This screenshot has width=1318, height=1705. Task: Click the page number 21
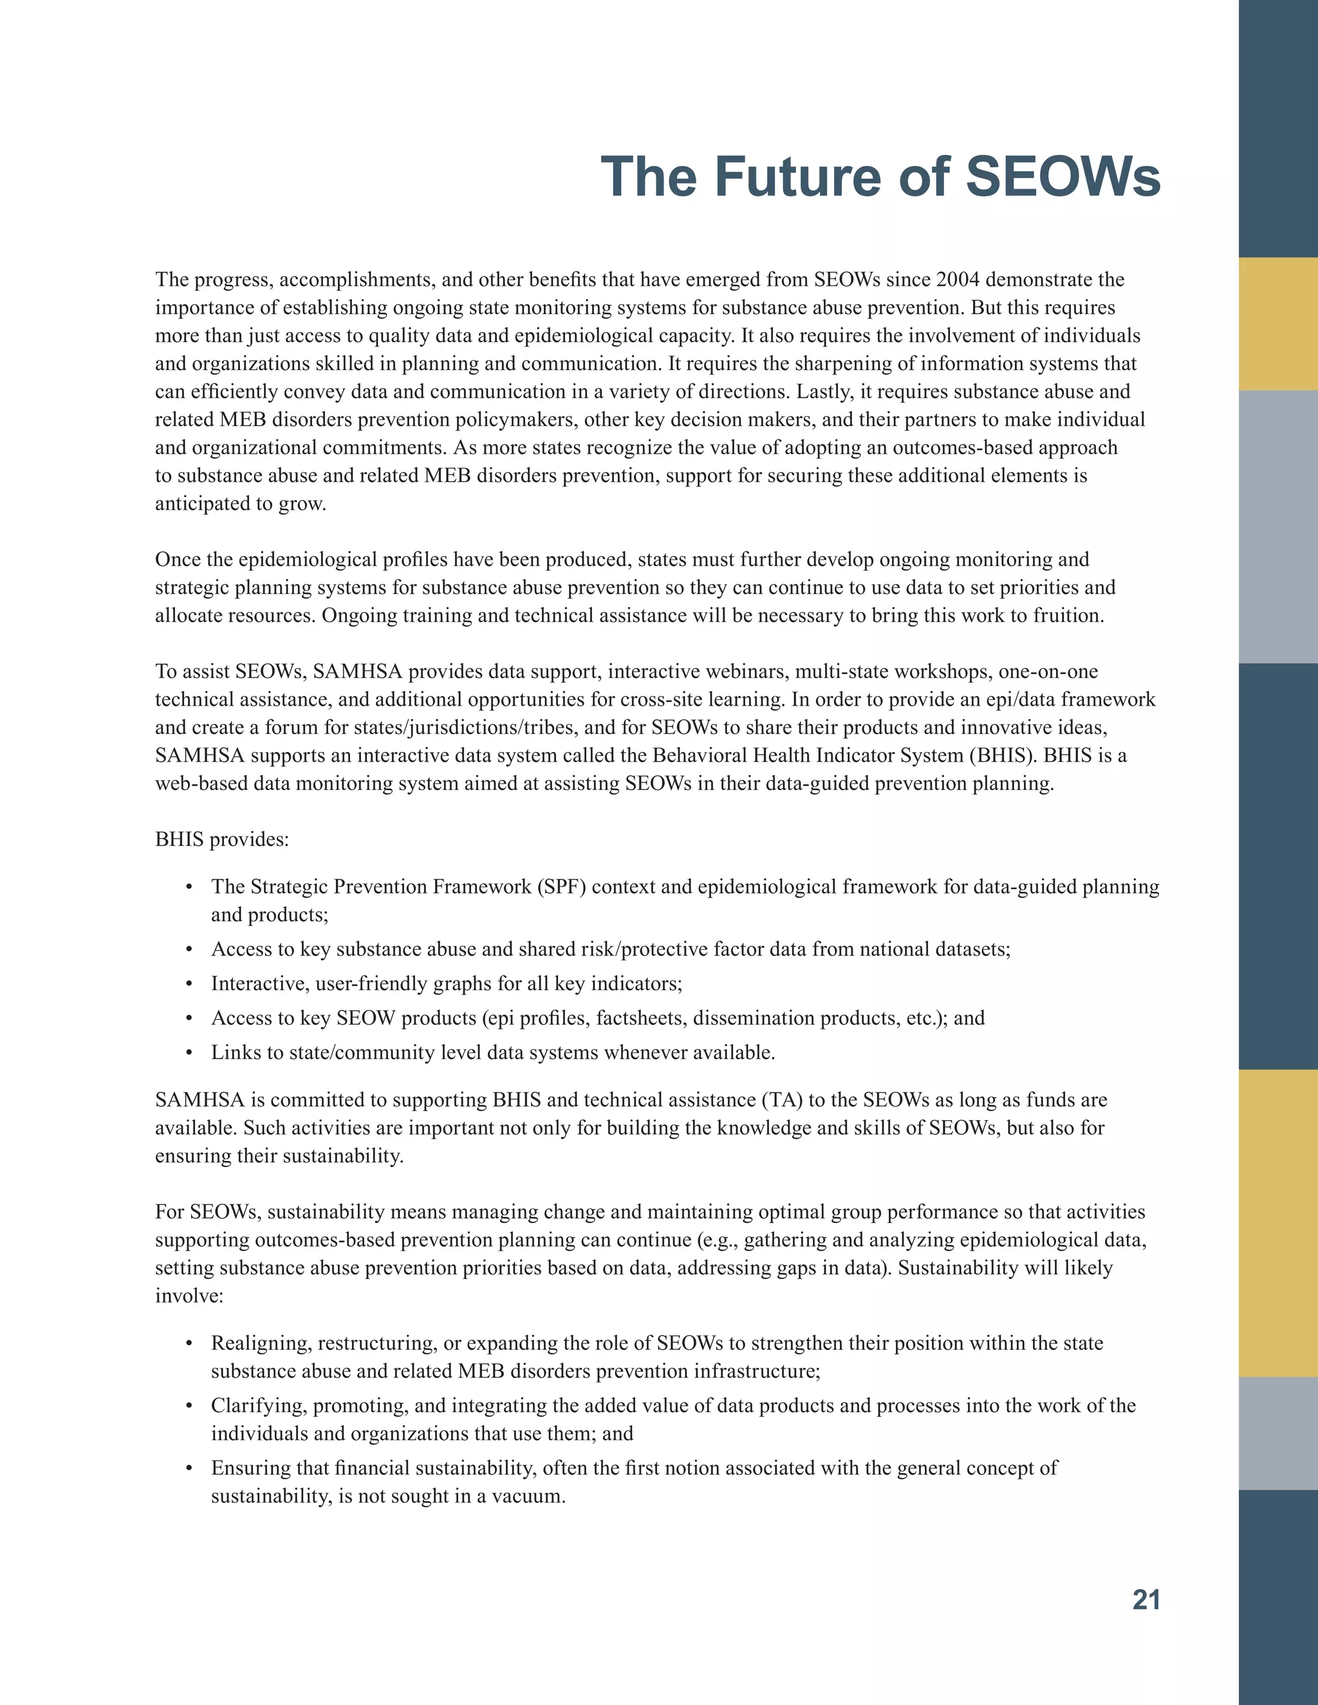[1146, 1599]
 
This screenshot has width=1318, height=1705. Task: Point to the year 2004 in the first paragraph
[957, 279]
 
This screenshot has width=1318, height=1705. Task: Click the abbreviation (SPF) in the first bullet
[561, 886]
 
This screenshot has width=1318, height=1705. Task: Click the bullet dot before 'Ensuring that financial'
[189, 1468]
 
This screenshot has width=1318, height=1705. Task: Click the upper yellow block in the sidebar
[1277, 324]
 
